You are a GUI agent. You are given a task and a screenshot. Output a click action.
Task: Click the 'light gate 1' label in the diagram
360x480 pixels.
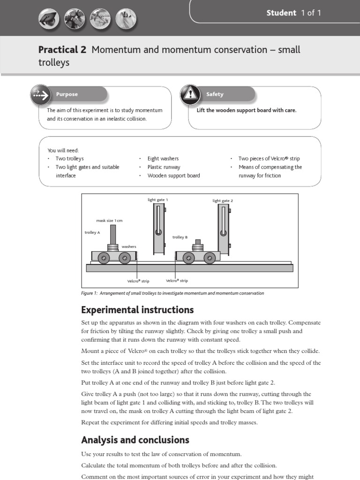157,200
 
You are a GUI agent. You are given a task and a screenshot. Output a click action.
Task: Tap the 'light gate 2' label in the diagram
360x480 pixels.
223,201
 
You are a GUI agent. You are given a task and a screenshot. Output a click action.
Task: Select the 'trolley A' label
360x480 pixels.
92,232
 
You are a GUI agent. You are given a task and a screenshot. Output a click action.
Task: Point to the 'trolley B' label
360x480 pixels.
180,237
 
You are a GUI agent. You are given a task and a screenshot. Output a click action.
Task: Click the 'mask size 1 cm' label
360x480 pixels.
109,220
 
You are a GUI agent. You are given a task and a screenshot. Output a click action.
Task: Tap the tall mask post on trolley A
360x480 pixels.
113,234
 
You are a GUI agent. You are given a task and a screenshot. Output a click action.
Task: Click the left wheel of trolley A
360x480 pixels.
104,258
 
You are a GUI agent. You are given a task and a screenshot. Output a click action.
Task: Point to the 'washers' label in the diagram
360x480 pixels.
129,246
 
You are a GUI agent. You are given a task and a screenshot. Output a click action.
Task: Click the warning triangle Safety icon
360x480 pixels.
189,94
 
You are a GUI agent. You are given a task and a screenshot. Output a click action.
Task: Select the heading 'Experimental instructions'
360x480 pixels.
137,310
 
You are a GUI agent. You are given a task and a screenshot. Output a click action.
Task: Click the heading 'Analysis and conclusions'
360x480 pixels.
135,440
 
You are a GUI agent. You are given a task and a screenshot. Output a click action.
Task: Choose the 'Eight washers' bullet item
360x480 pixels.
163,158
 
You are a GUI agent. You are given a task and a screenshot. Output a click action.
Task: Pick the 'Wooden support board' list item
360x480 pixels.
173,175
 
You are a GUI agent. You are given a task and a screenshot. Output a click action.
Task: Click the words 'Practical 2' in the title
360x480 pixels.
62,50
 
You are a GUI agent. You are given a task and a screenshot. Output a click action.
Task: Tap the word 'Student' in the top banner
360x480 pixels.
281,13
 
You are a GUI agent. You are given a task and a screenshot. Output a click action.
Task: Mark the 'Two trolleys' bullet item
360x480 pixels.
69,158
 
